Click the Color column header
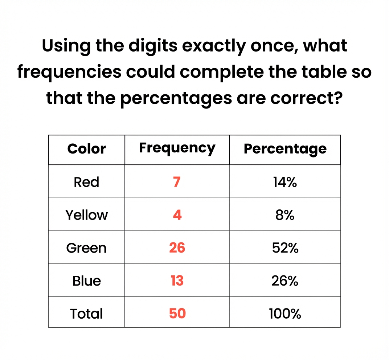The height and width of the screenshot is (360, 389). point(87,149)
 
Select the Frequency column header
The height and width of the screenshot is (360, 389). point(177,148)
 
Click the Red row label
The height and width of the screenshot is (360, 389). point(86,182)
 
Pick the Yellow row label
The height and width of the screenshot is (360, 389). point(87,215)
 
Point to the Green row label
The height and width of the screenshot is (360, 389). point(86,248)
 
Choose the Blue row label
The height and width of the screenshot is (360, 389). point(87,281)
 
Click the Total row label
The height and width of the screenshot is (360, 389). point(86,314)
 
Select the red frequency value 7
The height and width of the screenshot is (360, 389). point(177,182)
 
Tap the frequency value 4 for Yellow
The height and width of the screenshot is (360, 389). point(177,215)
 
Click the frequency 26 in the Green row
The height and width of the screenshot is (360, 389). point(177,248)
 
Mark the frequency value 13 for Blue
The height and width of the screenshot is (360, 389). point(177,281)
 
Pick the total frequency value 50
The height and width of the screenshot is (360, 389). point(177,313)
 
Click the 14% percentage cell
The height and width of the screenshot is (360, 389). point(285,182)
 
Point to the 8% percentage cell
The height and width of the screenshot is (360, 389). point(285,215)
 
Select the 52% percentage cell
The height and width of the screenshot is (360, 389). point(285,248)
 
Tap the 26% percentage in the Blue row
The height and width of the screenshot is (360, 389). point(285,281)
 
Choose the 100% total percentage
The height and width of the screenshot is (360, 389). point(285,314)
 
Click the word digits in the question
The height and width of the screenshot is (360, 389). point(153,46)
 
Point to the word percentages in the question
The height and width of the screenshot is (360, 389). point(176,99)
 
